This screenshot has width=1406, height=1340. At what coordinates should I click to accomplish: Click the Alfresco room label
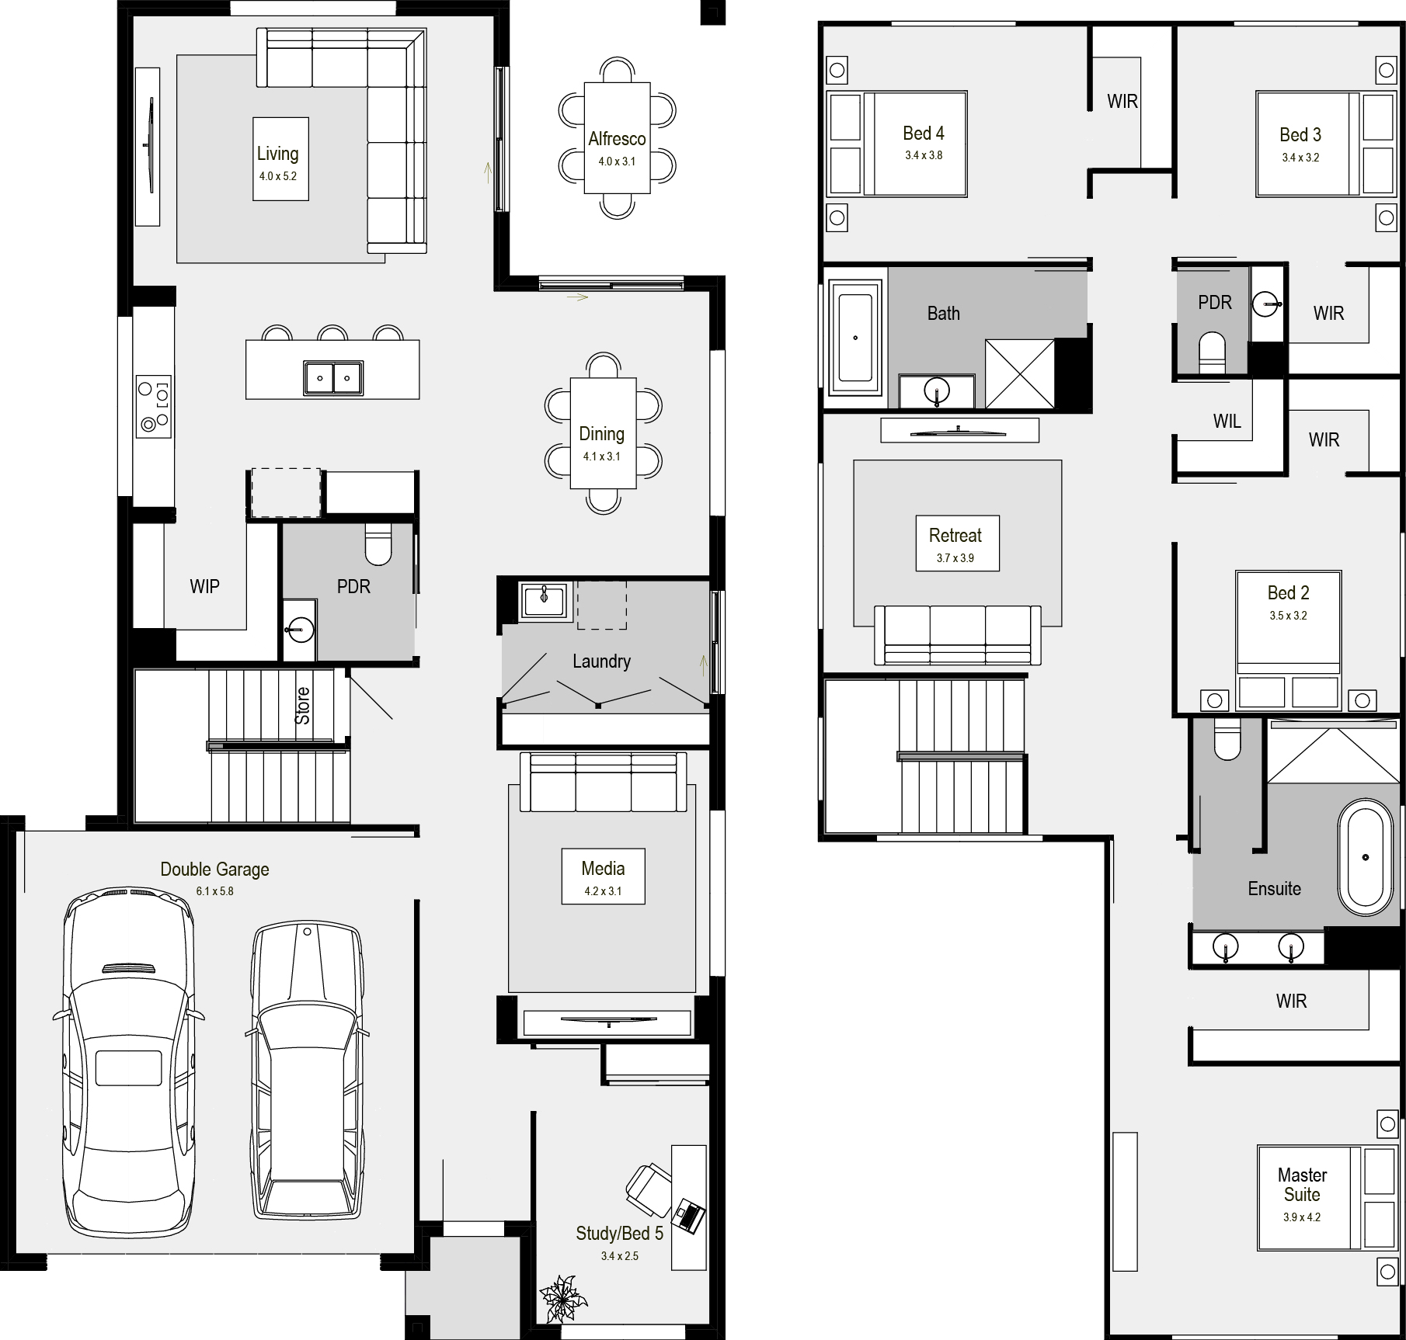617,139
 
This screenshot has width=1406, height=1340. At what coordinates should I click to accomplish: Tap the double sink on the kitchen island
333,378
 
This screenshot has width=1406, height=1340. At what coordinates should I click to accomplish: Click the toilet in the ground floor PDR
379,543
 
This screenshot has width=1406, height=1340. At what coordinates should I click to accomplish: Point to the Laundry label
601,661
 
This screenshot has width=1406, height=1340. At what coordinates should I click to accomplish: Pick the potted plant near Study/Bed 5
564,1298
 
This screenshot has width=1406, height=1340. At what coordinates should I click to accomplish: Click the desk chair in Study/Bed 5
649,1191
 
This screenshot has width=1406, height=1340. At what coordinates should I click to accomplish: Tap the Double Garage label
214,870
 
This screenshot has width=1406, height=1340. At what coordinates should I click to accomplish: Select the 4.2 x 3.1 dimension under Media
603,891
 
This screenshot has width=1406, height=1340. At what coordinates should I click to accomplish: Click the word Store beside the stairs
302,706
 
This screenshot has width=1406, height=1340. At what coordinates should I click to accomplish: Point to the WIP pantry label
204,586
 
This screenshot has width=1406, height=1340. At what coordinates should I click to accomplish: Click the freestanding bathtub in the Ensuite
1366,858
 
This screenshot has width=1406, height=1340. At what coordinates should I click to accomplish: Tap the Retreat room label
955,536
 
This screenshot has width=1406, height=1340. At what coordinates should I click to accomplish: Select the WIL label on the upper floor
1227,422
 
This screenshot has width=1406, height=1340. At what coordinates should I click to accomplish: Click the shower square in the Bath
1020,373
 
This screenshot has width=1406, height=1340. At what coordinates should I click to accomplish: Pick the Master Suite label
1302,1185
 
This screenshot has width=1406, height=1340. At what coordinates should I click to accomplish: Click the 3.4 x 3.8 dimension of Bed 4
924,155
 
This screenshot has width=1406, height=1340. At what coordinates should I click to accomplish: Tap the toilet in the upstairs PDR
1212,353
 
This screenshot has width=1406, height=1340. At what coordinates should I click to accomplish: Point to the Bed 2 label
1288,593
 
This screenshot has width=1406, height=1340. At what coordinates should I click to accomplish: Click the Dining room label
602,434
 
